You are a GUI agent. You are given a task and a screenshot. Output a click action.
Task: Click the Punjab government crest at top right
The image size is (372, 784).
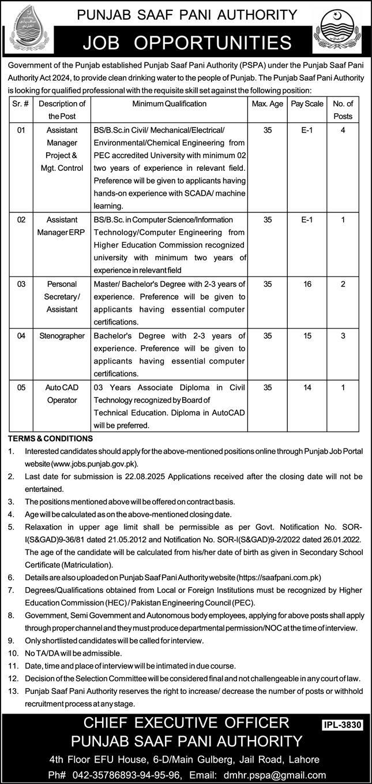point(340,32)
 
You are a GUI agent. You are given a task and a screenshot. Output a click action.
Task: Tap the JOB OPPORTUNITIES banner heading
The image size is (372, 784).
point(186,42)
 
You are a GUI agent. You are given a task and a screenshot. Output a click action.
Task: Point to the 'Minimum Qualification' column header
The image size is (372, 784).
point(169,104)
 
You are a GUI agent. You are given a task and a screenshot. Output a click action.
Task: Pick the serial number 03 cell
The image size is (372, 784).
point(21,284)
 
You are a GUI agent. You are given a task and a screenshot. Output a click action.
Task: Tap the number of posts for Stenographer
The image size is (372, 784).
point(343,335)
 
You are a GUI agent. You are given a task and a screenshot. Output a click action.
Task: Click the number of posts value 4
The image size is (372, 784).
point(343,131)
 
